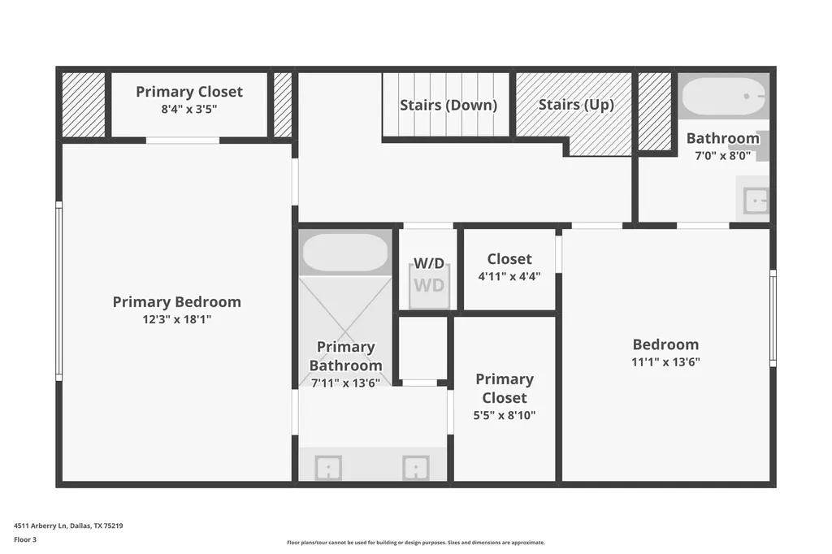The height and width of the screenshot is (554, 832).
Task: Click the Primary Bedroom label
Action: (x=176, y=302)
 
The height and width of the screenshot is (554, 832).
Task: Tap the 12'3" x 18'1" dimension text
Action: (x=176, y=319)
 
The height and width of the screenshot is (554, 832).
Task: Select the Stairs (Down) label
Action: (x=448, y=105)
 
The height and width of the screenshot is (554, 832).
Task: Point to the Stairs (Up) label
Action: (x=576, y=105)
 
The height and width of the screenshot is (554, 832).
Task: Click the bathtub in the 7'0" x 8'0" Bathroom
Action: (x=724, y=96)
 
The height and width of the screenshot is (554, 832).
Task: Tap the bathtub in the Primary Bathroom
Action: (x=344, y=253)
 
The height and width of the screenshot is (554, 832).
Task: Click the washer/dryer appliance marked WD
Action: (x=429, y=286)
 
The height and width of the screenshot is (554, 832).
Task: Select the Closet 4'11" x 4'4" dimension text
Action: (x=509, y=276)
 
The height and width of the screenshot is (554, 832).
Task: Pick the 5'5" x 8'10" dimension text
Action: (x=505, y=416)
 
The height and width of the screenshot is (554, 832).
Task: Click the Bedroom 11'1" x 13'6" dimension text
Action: (x=666, y=362)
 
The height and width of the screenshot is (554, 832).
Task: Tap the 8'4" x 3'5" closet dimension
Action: (x=189, y=110)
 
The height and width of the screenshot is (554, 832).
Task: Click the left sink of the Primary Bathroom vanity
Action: (x=328, y=468)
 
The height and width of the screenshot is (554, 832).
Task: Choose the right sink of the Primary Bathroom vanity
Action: (x=415, y=468)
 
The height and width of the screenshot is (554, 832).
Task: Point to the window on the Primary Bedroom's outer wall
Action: (x=58, y=291)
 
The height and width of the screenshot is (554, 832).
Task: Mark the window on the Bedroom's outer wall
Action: (x=773, y=318)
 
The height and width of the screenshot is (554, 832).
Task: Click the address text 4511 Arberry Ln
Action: (x=41, y=526)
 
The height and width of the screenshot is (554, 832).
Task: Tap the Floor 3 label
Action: (x=25, y=539)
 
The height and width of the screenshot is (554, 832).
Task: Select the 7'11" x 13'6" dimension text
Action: (x=345, y=383)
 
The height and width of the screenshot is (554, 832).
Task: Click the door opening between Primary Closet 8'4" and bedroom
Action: (x=183, y=141)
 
